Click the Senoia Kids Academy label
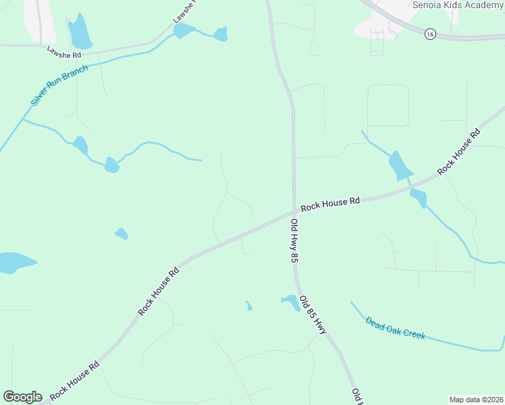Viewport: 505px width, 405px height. pyautogui.click(x=458, y=5)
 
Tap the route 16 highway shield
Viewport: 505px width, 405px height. pyautogui.click(x=430, y=34)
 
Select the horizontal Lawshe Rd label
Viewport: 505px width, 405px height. pyautogui.click(x=63, y=51)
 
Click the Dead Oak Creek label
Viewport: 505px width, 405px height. pyautogui.click(x=396, y=328)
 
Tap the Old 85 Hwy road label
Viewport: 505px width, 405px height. pyautogui.click(x=313, y=315)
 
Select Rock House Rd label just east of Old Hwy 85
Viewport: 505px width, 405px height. pyautogui.click(x=331, y=204)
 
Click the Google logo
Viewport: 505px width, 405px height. pyautogui.click(x=22, y=397)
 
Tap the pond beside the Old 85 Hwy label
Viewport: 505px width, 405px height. pyautogui.click(x=292, y=302)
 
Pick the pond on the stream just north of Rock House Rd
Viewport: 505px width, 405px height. pyautogui.click(x=400, y=165)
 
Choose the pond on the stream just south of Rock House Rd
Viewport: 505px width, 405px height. pyautogui.click(x=419, y=198)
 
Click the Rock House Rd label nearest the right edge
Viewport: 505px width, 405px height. pyautogui.click(x=458, y=151)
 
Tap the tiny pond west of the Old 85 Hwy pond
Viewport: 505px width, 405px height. pyautogui.click(x=248, y=306)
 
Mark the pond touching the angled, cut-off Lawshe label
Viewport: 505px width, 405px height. pyautogui.click(x=184, y=31)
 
